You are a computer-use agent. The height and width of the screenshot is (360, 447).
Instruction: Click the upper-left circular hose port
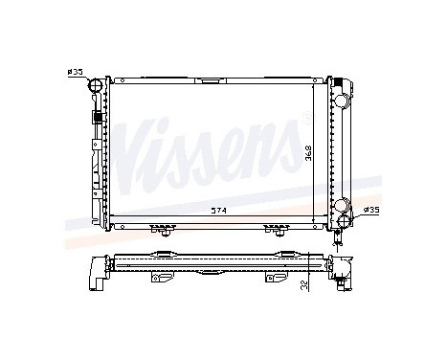[x=96, y=88]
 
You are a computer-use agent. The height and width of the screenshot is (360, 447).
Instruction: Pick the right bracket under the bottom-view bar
[x=274, y=279]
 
